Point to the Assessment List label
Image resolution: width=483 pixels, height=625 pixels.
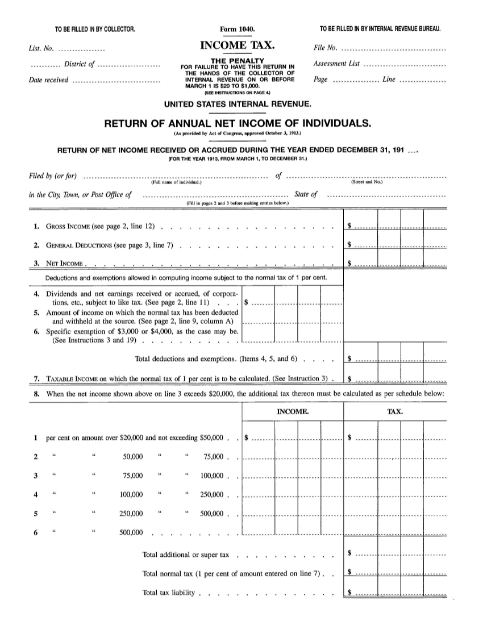336,64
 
